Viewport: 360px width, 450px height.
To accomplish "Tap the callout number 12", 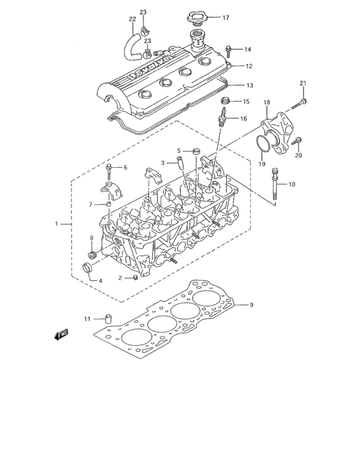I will click(x=249, y=66).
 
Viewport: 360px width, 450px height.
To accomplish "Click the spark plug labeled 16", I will click(x=224, y=118).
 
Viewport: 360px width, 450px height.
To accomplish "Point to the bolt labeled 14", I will click(x=230, y=50).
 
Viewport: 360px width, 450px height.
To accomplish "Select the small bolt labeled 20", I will click(x=296, y=141).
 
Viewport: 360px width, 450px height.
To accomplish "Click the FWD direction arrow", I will click(x=62, y=334).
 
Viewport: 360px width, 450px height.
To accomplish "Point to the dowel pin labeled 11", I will click(x=108, y=318).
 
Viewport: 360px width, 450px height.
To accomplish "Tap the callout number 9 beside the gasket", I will click(x=252, y=305).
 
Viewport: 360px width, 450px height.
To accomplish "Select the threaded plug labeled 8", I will click(x=91, y=255).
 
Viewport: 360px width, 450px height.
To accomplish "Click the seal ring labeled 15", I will click(x=226, y=102).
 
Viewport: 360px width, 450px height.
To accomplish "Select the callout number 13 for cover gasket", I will click(x=250, y=85).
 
